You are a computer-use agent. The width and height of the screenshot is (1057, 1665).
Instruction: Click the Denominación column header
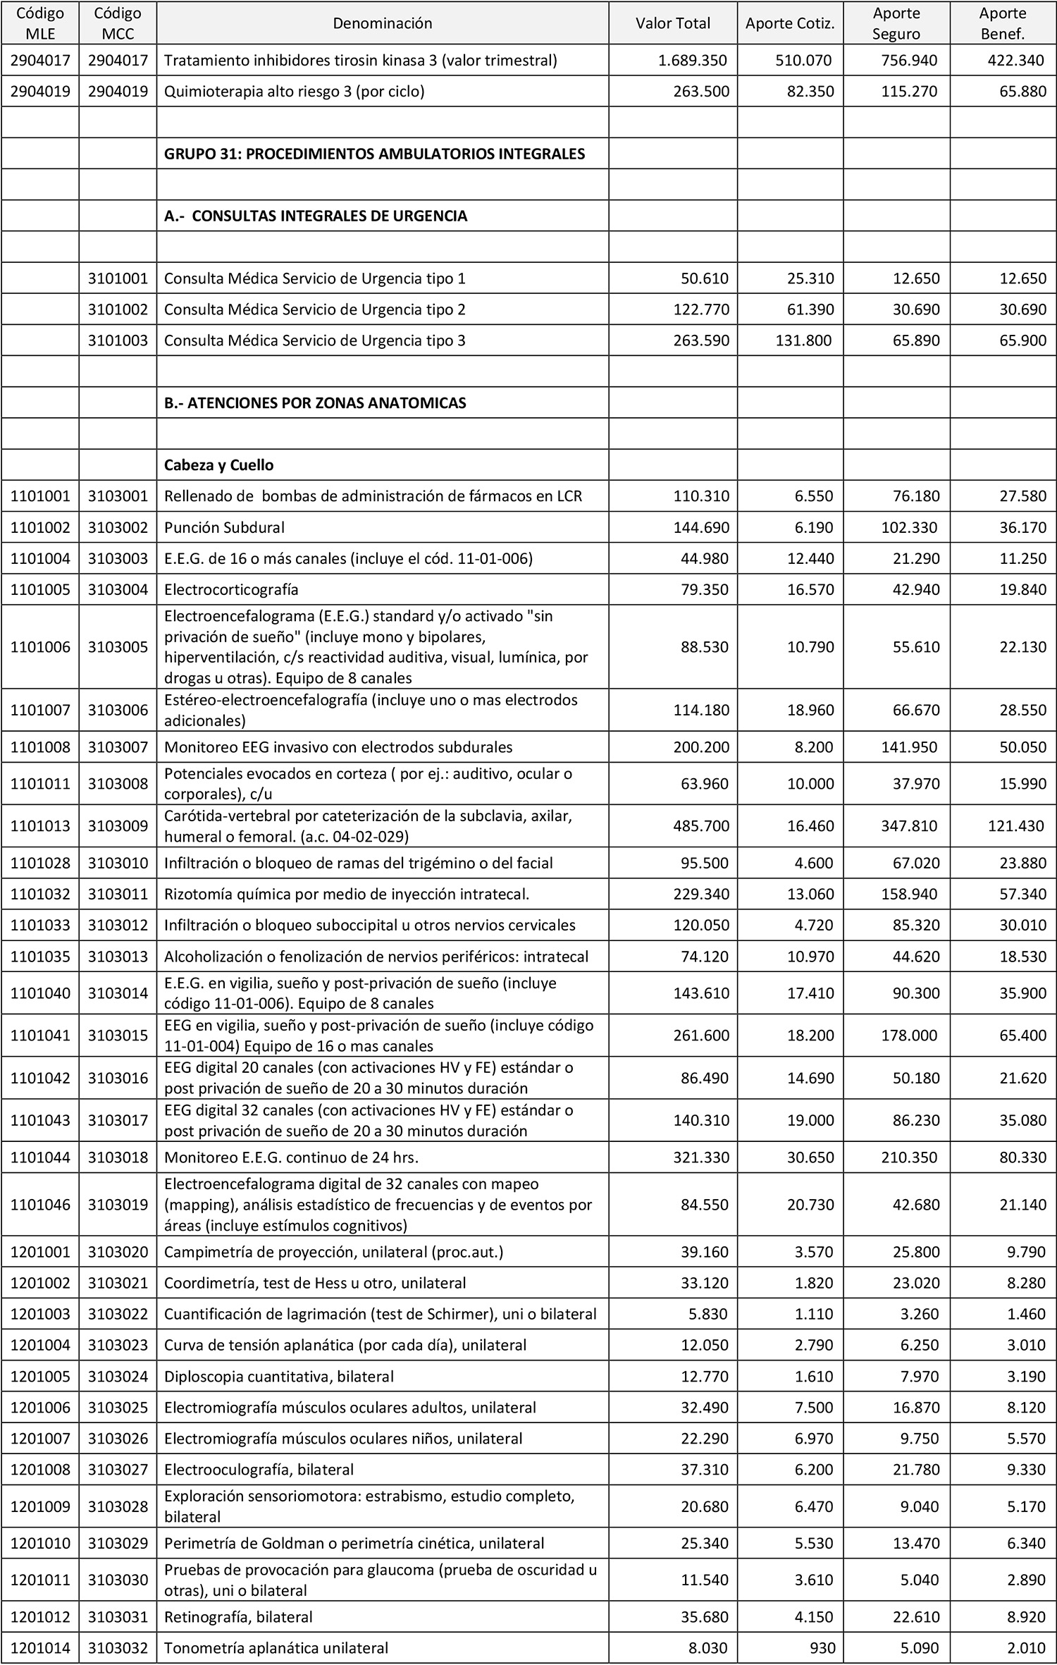(382, 23)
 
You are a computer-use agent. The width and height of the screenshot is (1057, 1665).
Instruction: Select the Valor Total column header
(673, 23)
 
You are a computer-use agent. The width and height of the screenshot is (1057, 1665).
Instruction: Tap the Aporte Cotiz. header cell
(790, 23)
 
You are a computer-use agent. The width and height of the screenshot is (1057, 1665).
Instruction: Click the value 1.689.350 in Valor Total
(693, 61)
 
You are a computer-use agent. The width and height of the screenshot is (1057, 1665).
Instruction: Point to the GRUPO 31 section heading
(374, 154)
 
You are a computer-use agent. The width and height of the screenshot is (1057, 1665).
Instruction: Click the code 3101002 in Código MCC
(118, 309)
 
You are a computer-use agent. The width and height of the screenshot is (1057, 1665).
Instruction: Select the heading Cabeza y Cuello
(218, 465)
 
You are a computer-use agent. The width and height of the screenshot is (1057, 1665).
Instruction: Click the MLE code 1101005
(40, 589)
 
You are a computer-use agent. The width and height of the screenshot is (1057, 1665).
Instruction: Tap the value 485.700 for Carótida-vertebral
(700, 825)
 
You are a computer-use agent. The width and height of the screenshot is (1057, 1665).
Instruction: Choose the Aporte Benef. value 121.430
(1015, 825)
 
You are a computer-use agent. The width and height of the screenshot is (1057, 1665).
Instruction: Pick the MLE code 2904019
(40, 92)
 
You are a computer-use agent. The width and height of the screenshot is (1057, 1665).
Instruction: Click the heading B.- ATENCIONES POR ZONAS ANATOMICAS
(315, 403)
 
